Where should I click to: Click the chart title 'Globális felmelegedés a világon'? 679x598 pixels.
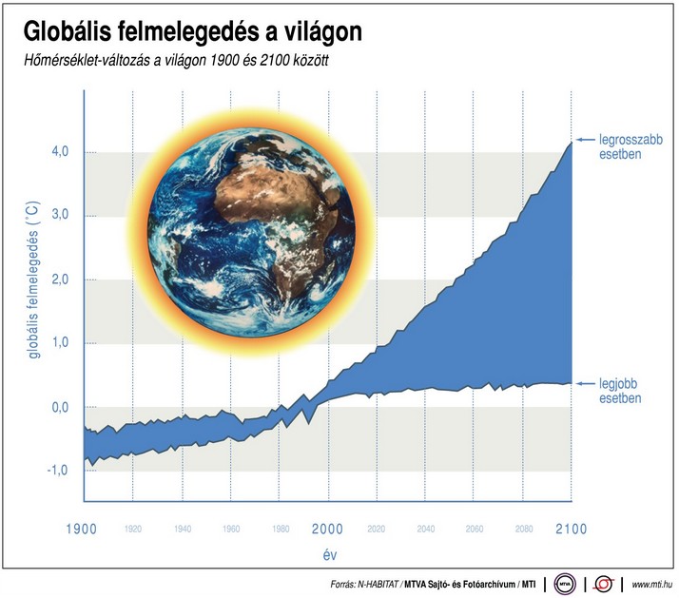pos(192,32)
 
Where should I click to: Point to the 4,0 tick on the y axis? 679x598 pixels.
pos(57,152)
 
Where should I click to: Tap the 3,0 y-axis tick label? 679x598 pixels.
pos(57,216)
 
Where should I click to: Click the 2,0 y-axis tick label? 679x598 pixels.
pos(57,280)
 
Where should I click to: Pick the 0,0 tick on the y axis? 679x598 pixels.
pos(57,407)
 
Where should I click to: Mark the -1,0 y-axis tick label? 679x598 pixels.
pos(55,471)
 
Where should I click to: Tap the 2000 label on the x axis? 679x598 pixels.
pos(327,529)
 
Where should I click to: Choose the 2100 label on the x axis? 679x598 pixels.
pos(571,529)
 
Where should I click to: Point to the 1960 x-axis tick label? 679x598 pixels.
pos(230,530)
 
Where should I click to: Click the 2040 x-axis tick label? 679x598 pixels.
pos(425,530)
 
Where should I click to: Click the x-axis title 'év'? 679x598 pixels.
pos(327,552)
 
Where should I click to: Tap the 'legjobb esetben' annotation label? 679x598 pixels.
pos(619,391)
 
